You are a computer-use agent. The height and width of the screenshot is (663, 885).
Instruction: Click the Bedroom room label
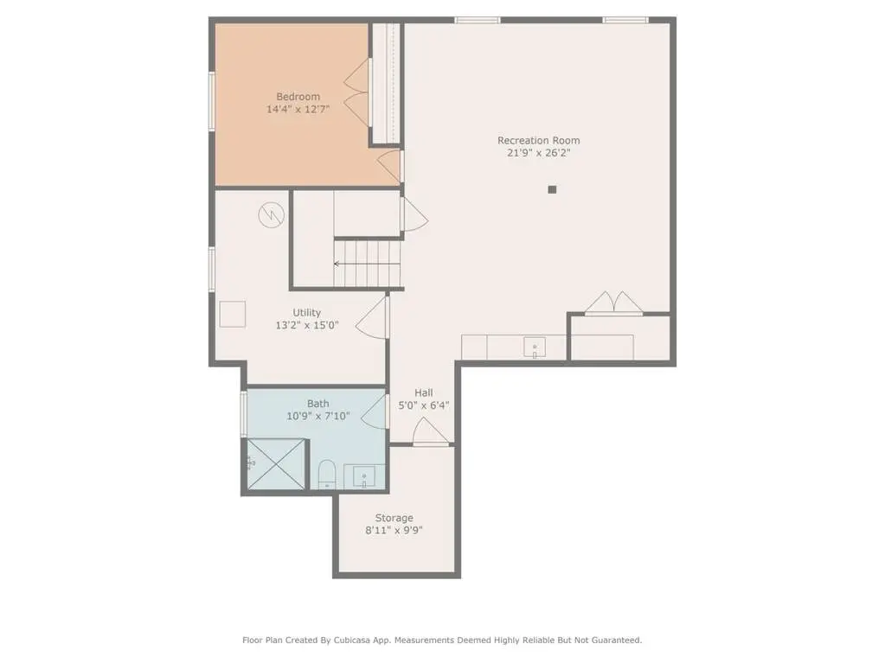click(x=298, y=97)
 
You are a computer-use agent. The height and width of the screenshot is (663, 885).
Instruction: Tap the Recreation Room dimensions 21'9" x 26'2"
click(x=538, y=153)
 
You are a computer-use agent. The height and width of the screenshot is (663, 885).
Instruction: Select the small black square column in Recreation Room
click(x=552, y=189)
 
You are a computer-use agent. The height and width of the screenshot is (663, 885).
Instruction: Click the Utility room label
click(x=306, y=312)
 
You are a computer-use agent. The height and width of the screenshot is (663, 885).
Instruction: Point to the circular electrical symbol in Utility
click(x=272, y=214)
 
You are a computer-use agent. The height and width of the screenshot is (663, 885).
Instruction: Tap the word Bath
click(x=317, y=404)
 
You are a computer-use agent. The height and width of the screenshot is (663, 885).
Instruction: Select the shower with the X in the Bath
click(x=277, y=464)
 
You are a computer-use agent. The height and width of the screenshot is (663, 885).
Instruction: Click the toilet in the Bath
click(x=327, y=475)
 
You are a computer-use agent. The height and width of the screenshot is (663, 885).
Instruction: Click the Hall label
click(x=424, y=393)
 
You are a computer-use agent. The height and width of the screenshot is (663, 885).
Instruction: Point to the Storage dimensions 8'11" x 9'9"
click(x=394, y=530)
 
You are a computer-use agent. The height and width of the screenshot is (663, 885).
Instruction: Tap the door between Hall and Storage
click(x=431, y=432)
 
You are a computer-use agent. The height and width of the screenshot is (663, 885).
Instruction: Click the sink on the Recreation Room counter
click(x=535, y=347)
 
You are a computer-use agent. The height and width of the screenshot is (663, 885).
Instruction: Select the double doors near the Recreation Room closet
click(x=613, y=303)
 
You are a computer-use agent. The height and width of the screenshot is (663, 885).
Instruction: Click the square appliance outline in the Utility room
click(x=233, y=314)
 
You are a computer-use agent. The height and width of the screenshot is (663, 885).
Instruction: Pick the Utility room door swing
click(x=372, y=317)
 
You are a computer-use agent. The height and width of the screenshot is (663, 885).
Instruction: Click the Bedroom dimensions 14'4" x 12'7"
click(x=298, y=109)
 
